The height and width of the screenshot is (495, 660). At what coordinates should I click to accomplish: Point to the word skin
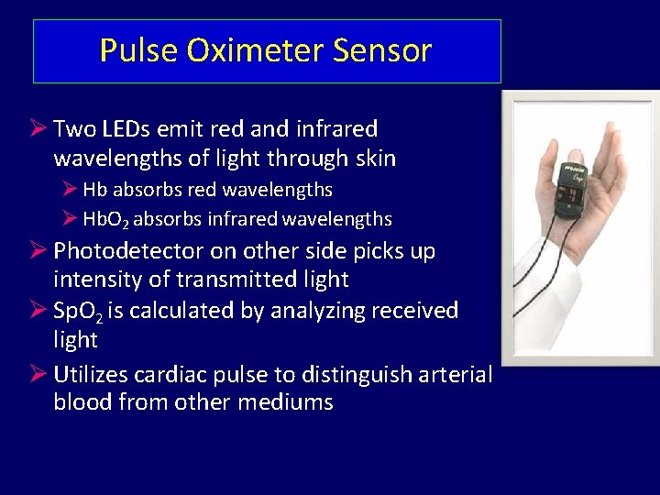375,159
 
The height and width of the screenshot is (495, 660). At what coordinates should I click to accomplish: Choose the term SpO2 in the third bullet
77,312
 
